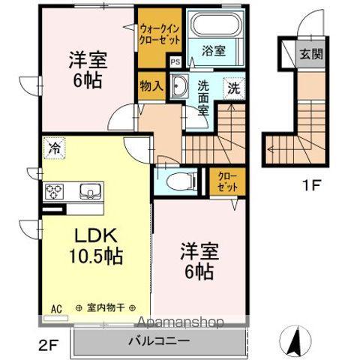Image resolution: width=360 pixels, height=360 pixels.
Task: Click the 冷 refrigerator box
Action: (54, 148)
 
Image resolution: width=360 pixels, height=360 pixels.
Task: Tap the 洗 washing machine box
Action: (234, 87)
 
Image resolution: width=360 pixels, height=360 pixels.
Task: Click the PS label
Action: (175, 63)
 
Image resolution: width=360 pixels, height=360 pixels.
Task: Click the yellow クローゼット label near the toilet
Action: (227, 181)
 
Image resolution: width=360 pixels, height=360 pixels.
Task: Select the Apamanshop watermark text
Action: (178, 324)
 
